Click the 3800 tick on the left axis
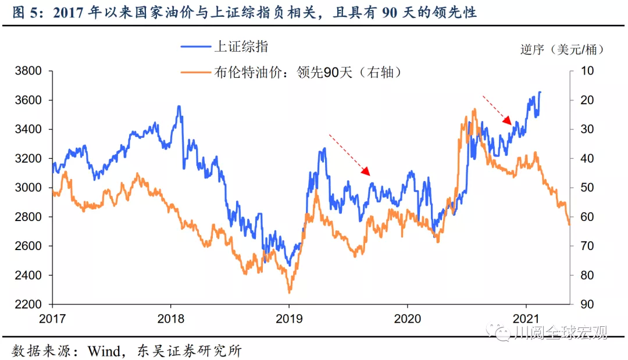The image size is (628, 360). click(x=28, y=71)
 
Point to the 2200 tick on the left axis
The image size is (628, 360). click(x=28, y=304)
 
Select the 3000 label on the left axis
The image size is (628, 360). click(x=28, y=187)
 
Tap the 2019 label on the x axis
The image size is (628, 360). click(x=289, y=318)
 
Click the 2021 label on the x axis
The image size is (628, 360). click(x=526, y=318)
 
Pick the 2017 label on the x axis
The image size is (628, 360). click(x=53, y=318)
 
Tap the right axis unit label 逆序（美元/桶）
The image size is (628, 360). click(x=562, y=49)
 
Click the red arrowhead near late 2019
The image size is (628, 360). click(x=367, y=171)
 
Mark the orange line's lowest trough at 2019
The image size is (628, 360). click(x=289, y=293)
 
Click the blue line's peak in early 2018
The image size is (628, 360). click(x=179, y=106)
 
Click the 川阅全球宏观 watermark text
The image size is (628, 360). click(x=561, y=332)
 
